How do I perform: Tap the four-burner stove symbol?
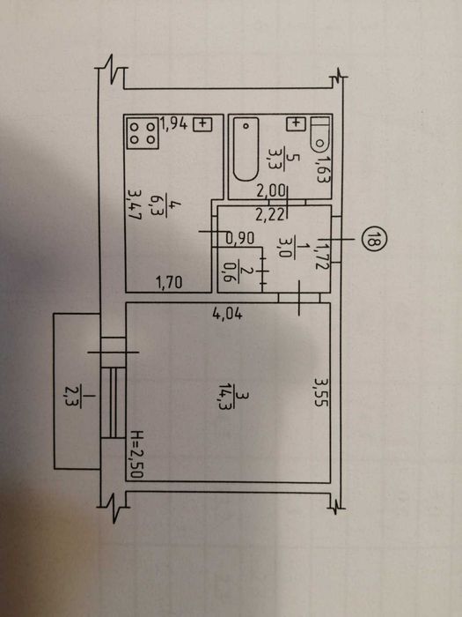pyautogui.click(x=143, y=134)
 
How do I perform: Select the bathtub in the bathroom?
pyautogui.click(x=246, y=149)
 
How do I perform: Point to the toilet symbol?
pyautogui.click(x=320, y=135)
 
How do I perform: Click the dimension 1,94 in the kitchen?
pyautogui.click(x=173, y=124)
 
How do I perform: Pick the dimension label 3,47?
pyautogui.click(x=135, y=204)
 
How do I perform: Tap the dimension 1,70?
pyautogui.click(x=169, y=282)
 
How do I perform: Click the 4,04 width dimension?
pyautogui.click(x=227, y=314)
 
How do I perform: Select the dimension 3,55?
pyautogui.click(x=321, y=392)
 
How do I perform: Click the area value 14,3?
pyautogui.click(x=226, y=397)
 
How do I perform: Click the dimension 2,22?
pyautogui.click(x=269, y=215)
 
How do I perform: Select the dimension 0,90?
pyautogui.click(x=240, y=238)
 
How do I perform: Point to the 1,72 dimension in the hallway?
pyautogui.click(x=321, y=256)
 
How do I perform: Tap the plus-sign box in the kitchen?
pyautogui.click(x=202, y=124)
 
